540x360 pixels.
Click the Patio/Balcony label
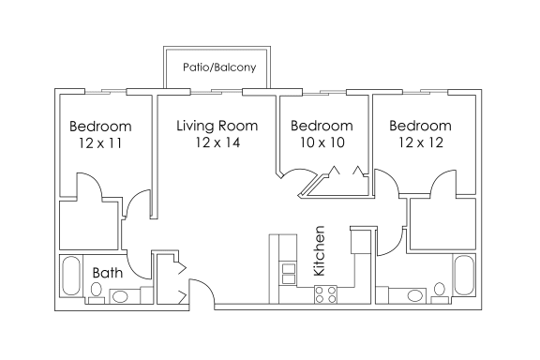coord(219,67)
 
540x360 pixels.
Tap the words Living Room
coord(217,126)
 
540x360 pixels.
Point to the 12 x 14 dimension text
coord(217,142)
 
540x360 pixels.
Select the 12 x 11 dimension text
coord(100,142)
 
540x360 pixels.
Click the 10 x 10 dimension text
coord(322,142)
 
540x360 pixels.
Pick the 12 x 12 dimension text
coord(421,142)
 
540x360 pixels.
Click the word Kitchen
coord(320,251)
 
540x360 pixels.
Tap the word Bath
coord(108,273)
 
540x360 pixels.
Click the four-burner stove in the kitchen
coord(325,294)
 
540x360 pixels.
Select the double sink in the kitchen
coord(289,274)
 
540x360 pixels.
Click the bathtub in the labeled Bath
coord(71,276)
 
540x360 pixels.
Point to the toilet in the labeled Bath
coord(96,292)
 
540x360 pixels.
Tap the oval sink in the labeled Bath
coord(120,296)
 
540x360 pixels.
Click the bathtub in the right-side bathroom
coord(464,275)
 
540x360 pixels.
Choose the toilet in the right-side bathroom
coord(440,292)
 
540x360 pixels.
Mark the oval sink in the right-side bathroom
coord(414,296)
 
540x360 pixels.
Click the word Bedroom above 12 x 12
coord(420,126)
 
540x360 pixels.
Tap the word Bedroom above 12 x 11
coord(100,127)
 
